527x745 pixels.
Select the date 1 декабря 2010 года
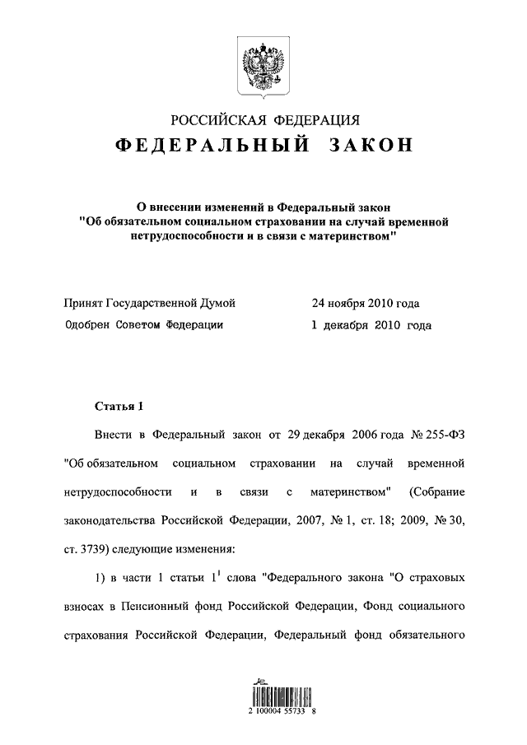(x=371, y=325)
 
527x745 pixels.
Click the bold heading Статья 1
(x=119, y=406)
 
